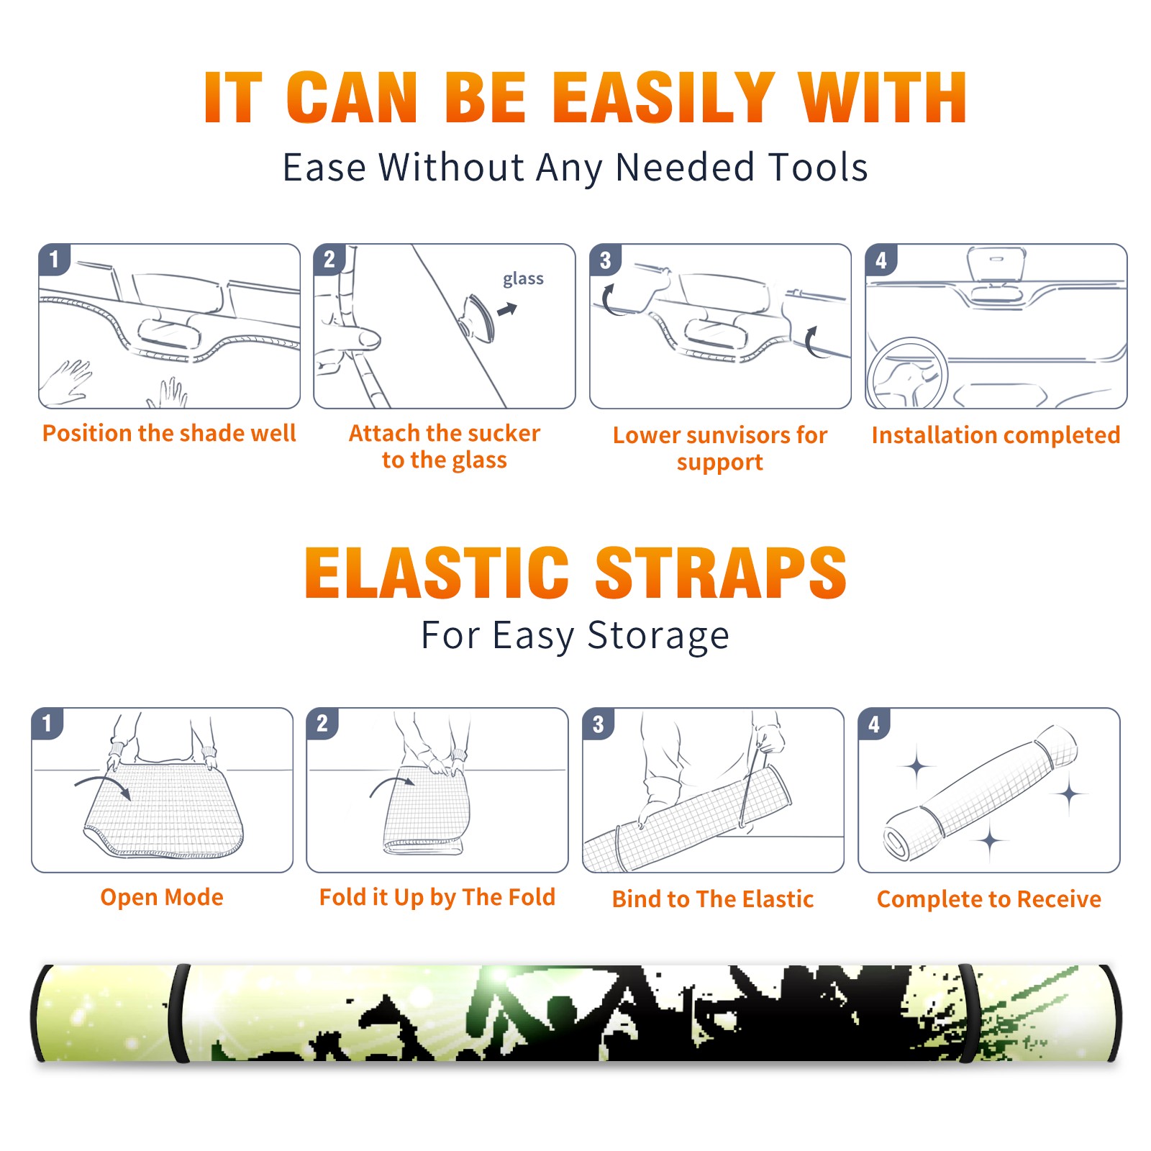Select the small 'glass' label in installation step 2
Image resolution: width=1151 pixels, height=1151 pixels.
(523, 279)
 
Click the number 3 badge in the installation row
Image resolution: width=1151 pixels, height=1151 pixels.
(605, 260)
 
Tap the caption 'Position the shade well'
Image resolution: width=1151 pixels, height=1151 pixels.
(169, 433)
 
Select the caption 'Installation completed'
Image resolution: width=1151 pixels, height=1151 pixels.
(996, 435)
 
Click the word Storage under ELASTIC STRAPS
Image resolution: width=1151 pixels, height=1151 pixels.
(658, 636)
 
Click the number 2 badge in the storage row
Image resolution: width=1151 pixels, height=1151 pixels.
(322, 723)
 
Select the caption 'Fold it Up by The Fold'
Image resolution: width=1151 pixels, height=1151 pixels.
(437, 897)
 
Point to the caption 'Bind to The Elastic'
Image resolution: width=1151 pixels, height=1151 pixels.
(713, 899)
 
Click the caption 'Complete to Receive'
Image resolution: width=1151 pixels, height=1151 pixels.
(989, 899)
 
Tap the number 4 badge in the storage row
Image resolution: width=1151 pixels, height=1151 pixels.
(874, 724)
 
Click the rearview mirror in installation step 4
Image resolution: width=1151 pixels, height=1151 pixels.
(996, 263)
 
